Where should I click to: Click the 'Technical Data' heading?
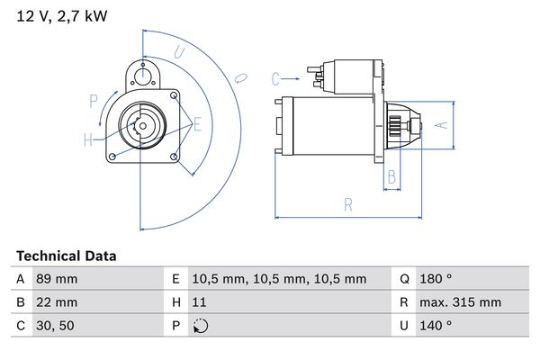66,256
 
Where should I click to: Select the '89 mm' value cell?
56,279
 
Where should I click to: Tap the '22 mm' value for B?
56,302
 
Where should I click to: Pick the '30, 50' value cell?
54,326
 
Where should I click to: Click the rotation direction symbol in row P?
200,326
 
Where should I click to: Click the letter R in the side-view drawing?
347,206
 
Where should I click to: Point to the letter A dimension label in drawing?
441,126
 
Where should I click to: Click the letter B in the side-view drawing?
391,177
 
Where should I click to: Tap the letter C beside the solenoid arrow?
276,78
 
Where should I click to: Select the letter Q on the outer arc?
240,79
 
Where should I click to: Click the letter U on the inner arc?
179,53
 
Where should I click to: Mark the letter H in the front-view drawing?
88,139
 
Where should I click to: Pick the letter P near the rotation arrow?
93,100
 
